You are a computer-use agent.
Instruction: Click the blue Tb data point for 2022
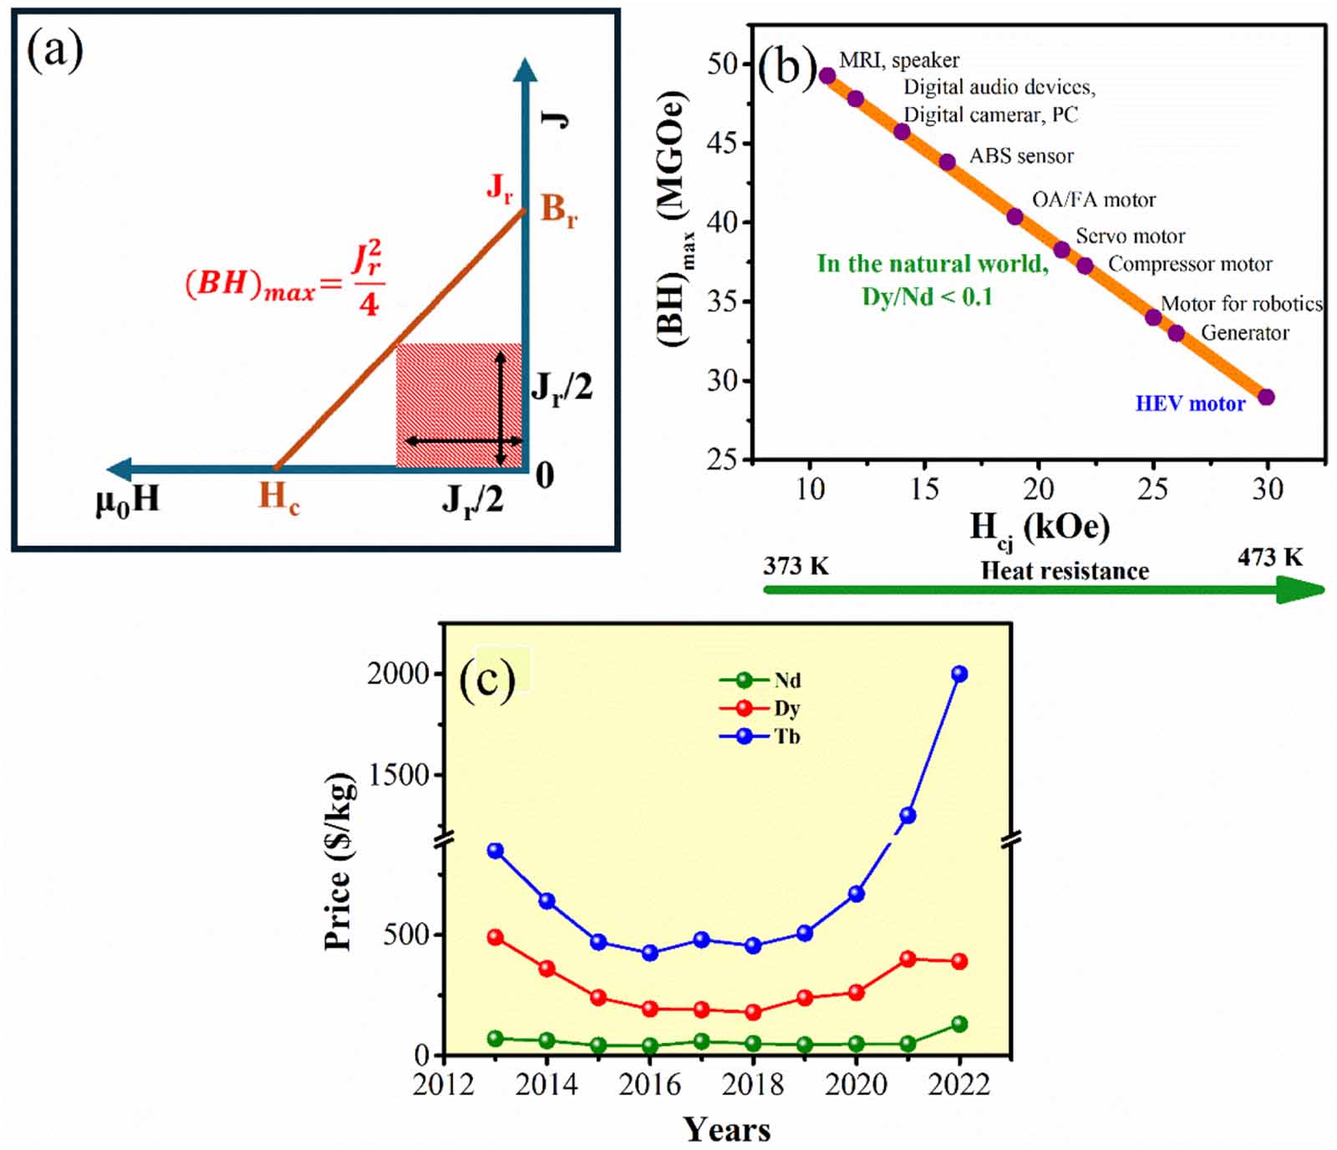tap(959, 674)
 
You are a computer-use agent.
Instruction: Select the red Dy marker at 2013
tap(495, 937)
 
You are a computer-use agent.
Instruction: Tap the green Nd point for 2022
tap(959, 1024)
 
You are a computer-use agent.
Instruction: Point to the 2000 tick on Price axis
tap(398, 673)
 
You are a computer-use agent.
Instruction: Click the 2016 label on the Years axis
tap(649, 1085)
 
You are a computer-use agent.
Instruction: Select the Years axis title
tap(726, 1129)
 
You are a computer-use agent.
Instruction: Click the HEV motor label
tap(1189, 404)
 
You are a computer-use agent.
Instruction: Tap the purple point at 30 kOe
tap(1266, 398)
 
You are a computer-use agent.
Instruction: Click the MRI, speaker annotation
tap(898, 60)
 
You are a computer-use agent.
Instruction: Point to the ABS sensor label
tap(1020, 156)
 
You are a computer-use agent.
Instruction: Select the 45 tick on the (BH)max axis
tap(721, 143)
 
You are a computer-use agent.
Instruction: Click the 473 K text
tap(1269, 557)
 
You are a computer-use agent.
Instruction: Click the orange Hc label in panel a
tap(278, 497)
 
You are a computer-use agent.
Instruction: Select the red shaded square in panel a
tap(458, 405)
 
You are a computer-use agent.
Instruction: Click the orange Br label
tap(558, 209)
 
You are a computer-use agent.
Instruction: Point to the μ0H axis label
tap(127, 500)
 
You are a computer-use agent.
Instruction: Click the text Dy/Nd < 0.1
tap(927, 296)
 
